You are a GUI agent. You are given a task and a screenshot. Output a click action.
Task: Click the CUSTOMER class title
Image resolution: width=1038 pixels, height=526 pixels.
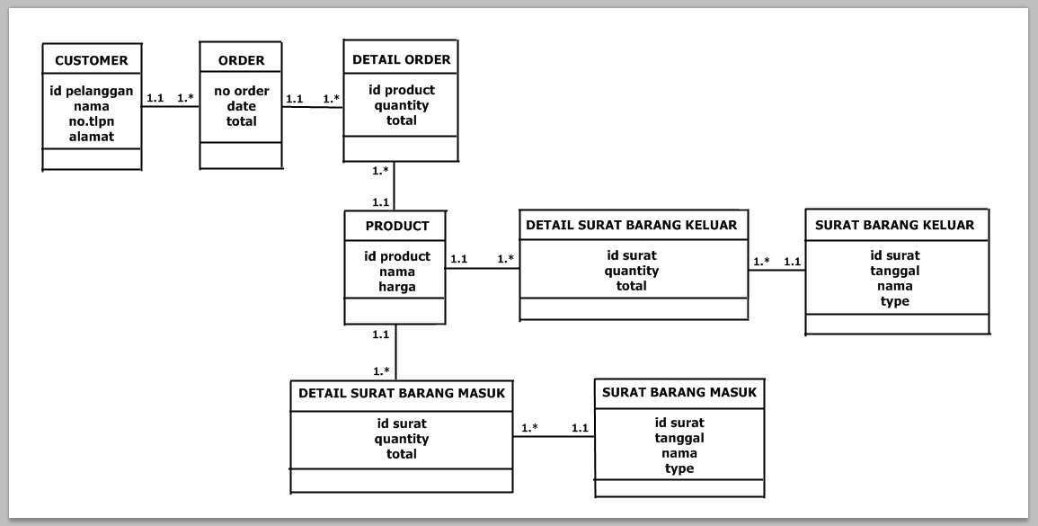point(92,61)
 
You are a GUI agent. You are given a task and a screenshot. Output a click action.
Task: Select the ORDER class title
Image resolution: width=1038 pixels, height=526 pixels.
point(241,61)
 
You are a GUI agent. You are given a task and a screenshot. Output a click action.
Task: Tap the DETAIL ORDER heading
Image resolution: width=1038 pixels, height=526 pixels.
point(401,60)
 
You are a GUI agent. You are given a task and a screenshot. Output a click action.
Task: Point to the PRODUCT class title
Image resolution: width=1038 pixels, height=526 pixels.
point(396,226)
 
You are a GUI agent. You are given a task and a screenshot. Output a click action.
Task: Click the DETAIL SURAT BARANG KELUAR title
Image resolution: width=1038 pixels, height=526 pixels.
point(631,225)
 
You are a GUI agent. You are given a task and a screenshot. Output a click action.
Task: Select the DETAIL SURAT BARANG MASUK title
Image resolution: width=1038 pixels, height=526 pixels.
point(402,393)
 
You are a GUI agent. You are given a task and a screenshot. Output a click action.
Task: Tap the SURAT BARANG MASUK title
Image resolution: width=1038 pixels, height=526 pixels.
point(679,393)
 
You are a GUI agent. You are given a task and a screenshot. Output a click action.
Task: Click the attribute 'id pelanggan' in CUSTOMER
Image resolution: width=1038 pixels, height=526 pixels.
point(92,91)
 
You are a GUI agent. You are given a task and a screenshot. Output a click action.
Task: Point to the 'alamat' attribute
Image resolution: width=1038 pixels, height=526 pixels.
point(92,137)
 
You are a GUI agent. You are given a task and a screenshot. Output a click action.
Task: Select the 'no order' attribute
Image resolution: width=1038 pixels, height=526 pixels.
point(241,91)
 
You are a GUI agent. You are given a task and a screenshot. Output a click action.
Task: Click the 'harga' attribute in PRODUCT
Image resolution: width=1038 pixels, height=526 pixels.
point(396,287)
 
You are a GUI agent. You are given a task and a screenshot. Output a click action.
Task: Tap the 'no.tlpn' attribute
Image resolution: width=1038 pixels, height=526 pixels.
point(92,121)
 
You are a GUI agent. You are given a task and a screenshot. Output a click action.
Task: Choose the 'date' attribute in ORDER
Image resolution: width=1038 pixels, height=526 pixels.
point(241,106)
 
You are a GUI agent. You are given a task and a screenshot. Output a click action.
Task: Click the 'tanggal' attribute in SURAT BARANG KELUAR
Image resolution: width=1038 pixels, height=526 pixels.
point(894,271)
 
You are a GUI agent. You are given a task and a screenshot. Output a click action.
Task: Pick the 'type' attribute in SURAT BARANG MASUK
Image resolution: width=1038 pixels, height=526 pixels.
point(679,468)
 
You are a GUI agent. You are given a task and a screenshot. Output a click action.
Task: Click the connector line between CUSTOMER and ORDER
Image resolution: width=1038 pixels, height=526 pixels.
point(171,108)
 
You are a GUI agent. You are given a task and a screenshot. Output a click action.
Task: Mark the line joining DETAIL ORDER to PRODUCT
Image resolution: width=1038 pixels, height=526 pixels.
point(395,187)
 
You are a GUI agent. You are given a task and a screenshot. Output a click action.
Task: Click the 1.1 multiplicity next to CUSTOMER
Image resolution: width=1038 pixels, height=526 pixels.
point(155,97)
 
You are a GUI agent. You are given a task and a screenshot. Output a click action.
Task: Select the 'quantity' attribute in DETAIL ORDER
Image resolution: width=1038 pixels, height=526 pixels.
point(401,105)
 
